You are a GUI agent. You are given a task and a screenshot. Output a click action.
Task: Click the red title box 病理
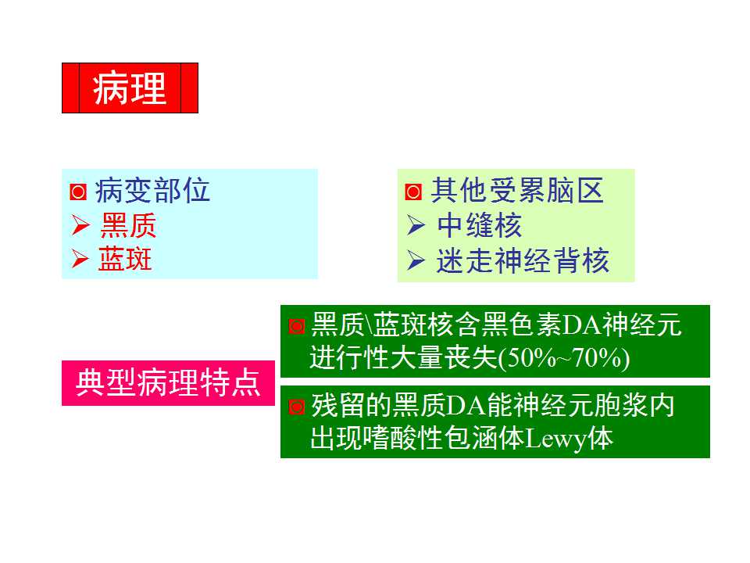pos(130,88)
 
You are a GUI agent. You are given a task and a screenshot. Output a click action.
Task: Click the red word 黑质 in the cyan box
pos(128,226)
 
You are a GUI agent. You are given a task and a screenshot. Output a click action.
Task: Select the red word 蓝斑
pos(125,260)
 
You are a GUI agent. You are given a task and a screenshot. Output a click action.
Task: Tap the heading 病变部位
pos(153,191)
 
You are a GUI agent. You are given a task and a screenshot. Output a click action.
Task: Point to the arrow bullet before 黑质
pos(80,227)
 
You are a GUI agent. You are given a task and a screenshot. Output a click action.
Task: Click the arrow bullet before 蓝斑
pos(80,260)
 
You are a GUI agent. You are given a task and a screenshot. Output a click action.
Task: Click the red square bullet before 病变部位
pos(78,192)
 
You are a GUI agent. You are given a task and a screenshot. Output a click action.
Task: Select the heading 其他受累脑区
pos(518,191)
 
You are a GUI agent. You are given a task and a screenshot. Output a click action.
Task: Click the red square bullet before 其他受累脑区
pos(414,192)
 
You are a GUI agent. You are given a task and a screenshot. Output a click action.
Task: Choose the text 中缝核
pos(479,226)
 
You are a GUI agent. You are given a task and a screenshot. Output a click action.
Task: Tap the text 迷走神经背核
pos(523,261)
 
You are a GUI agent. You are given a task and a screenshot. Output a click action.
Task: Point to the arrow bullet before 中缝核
pos(416,227)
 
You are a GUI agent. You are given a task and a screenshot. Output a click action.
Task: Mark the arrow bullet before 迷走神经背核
pos(416,261)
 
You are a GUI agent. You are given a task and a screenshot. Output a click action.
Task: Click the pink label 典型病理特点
pos(169,383)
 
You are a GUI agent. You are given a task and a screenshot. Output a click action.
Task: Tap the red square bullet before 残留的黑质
pos(296,407)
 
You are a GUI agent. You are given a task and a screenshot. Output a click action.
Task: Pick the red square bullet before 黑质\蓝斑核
pos(296,325)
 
